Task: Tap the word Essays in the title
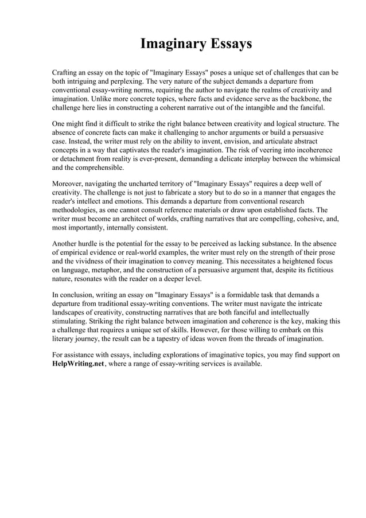point(228,44)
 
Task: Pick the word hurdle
point(95,243)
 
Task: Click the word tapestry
point(202,338)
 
